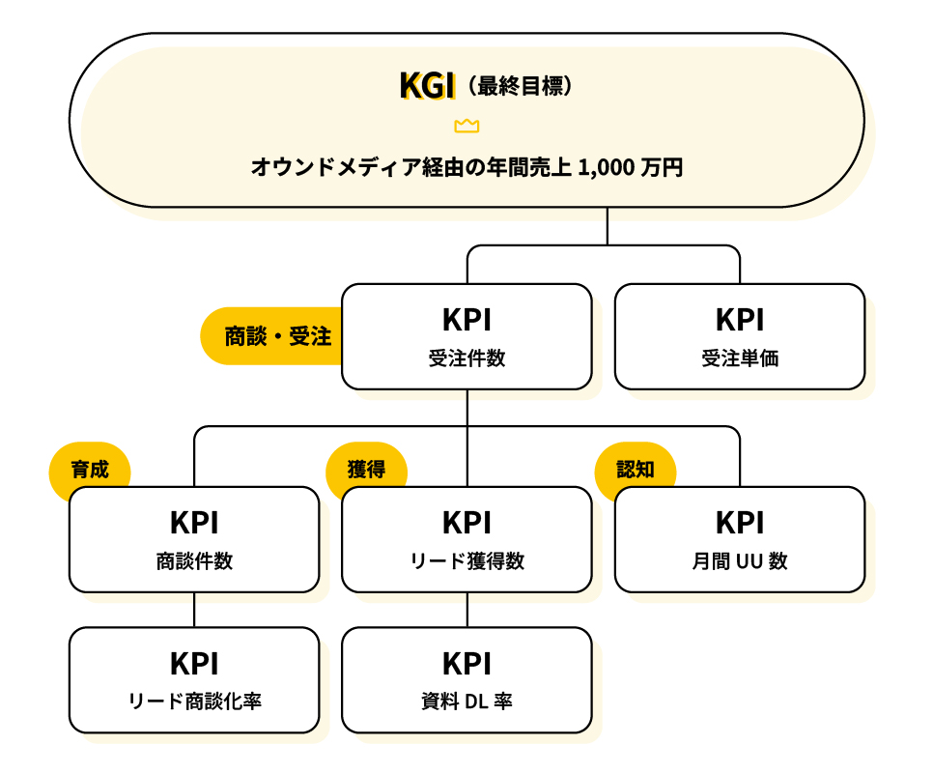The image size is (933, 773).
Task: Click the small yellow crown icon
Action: (466, 126)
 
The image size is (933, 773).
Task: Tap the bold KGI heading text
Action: (426, 86)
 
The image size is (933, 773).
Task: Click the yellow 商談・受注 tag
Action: (276, 336)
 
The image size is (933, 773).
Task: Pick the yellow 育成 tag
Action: (90, 470)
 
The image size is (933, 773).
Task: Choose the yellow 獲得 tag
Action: (367, 470)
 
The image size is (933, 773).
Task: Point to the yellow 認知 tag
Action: (636, 470)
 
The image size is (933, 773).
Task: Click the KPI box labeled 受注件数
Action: (466, 336)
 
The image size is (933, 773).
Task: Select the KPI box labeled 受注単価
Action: (740, 336)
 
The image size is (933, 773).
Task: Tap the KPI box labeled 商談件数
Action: (194, 539)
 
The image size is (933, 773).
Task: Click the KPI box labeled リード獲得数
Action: (466, 539)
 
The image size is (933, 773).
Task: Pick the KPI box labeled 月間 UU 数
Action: (740, 539)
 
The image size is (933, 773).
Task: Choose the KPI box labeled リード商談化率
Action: (194, 680)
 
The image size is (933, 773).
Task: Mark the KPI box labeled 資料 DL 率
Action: (466, 680)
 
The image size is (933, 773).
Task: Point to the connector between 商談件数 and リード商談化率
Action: (194, 610)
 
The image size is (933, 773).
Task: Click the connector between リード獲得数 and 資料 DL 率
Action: (467, 610)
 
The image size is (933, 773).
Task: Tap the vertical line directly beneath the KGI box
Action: (607, 226)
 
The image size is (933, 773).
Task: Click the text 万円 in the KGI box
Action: (664, 167)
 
